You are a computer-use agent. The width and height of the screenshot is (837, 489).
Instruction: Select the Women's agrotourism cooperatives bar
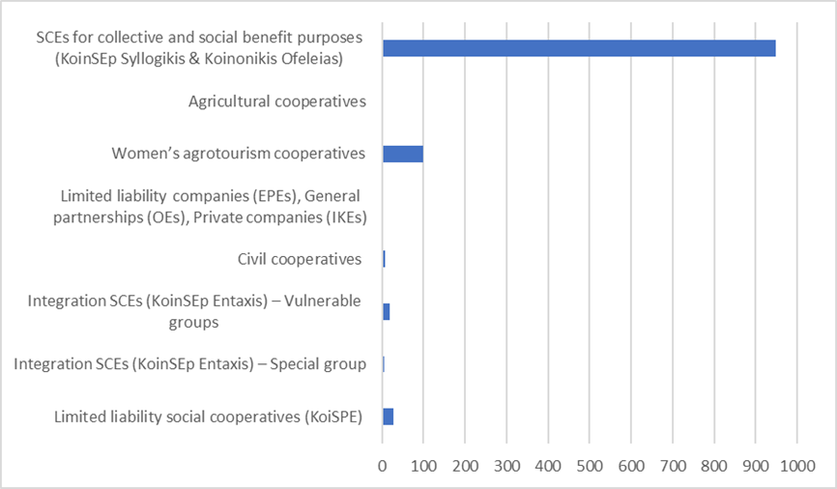pyautogui.click(x=403, y=154)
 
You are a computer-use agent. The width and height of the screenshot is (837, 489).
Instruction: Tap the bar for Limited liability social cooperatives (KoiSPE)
pyautogui.click(x=388, y=417)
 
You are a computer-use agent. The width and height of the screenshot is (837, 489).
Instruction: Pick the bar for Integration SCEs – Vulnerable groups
pyautogui.click(x=386, y=311)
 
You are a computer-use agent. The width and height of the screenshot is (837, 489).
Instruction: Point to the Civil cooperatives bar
pyautogui.click(x=384, y=259)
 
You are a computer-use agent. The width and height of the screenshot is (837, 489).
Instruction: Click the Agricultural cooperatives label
pyautogui.click(x=277, y=101)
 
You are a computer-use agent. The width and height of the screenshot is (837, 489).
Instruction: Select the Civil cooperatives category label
pyautogui.click(x=300, y=259)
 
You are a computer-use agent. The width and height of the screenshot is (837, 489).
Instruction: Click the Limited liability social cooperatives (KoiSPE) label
pyautogui.click(x=208, y=417)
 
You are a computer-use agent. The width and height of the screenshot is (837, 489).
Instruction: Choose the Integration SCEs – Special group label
pyautogui.click(x=190, y=364)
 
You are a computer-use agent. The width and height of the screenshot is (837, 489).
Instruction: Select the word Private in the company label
pyautogui.click(x=219, y=216)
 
